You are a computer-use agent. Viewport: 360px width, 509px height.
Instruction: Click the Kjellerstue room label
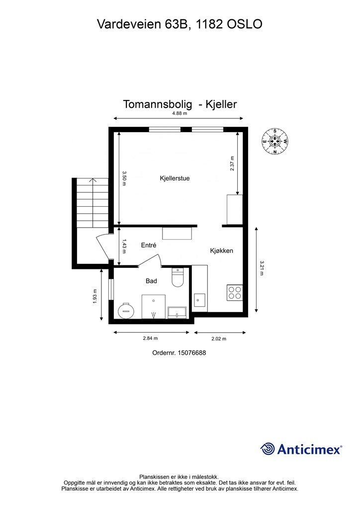coord(175,178)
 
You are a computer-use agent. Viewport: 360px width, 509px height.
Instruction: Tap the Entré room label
coord(149,245)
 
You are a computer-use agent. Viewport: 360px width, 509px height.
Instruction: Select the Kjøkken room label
coord(221,251)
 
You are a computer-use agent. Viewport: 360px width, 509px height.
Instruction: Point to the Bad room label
coord(151,281)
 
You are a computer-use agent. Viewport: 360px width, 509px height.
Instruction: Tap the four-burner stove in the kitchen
coord(235,293)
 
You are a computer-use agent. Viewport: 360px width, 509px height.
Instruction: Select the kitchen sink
coord(199,300)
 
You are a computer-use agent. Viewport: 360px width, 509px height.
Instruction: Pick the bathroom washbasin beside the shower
coord(177,312)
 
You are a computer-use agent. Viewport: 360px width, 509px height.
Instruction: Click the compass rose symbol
coord(275,141)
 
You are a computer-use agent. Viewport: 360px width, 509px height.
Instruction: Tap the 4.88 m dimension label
coord(179,113)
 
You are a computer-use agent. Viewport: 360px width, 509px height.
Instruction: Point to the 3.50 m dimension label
coord(124,178)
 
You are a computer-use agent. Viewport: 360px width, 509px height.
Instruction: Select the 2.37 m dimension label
coord(232,164)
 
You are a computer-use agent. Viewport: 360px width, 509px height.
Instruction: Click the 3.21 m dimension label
coord(262,268)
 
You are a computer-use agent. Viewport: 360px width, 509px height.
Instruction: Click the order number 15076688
coord(179,353)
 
